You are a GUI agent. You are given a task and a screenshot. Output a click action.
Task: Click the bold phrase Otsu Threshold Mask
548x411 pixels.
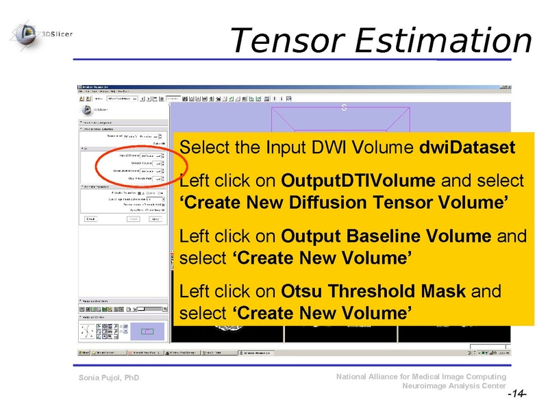374,291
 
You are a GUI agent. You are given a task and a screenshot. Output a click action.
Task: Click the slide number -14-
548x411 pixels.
516,395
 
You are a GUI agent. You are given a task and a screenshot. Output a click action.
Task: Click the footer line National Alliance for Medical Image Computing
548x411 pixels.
421,377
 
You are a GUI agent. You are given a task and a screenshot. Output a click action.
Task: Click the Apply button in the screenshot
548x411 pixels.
155,219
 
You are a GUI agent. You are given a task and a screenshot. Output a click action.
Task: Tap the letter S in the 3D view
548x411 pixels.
345,108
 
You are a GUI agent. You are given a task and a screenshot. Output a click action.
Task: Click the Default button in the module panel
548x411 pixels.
91,219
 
